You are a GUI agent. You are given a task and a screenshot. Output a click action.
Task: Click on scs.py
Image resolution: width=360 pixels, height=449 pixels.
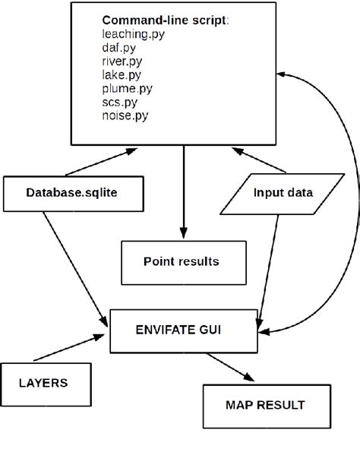point(118,101)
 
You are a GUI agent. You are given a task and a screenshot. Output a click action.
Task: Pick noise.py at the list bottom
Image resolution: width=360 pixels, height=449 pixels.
point(123,115)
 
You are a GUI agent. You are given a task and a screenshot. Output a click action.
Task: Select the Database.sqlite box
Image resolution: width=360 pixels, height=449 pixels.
point(72,193)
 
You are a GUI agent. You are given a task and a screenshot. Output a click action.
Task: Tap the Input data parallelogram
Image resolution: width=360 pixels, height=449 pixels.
point(282,193)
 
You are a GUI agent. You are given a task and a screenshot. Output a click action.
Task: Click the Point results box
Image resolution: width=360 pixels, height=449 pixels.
point(182,262)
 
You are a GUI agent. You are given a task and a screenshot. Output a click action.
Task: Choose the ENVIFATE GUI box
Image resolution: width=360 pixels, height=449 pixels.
point(186,330)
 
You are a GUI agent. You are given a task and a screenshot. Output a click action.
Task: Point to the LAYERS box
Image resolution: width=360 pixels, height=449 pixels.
point(43,383)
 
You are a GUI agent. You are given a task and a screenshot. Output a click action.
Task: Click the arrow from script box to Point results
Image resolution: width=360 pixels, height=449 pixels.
point(183,190)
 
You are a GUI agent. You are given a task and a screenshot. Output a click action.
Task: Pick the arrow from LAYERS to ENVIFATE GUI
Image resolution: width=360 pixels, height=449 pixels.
point(68,350)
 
